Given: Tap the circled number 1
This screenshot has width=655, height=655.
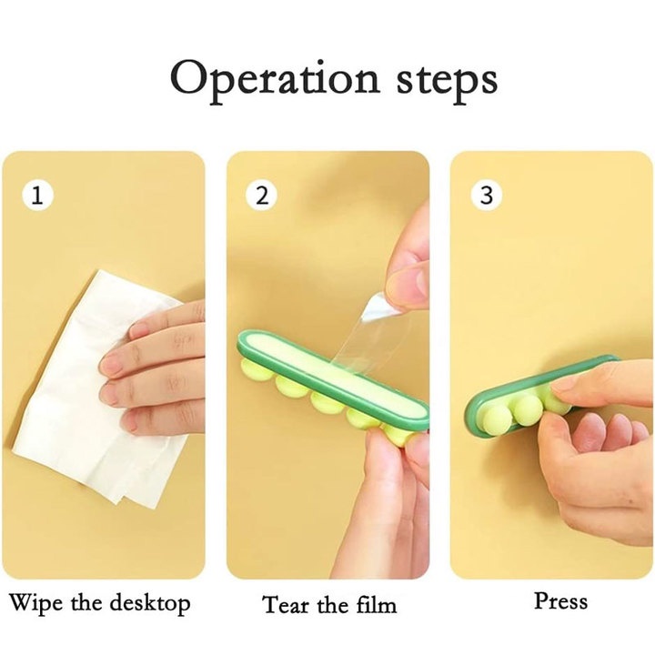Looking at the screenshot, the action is tap(37, 195).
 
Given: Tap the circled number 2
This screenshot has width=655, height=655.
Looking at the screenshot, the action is tap(261, 195).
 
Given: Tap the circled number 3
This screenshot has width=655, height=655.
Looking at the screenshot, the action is tap(486, 195).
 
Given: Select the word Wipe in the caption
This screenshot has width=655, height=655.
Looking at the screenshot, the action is tap(35, 603).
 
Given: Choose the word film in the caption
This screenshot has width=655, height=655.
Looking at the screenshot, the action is tap(376, 604).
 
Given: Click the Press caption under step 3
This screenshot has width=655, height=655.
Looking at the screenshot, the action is tap(561, 601).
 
